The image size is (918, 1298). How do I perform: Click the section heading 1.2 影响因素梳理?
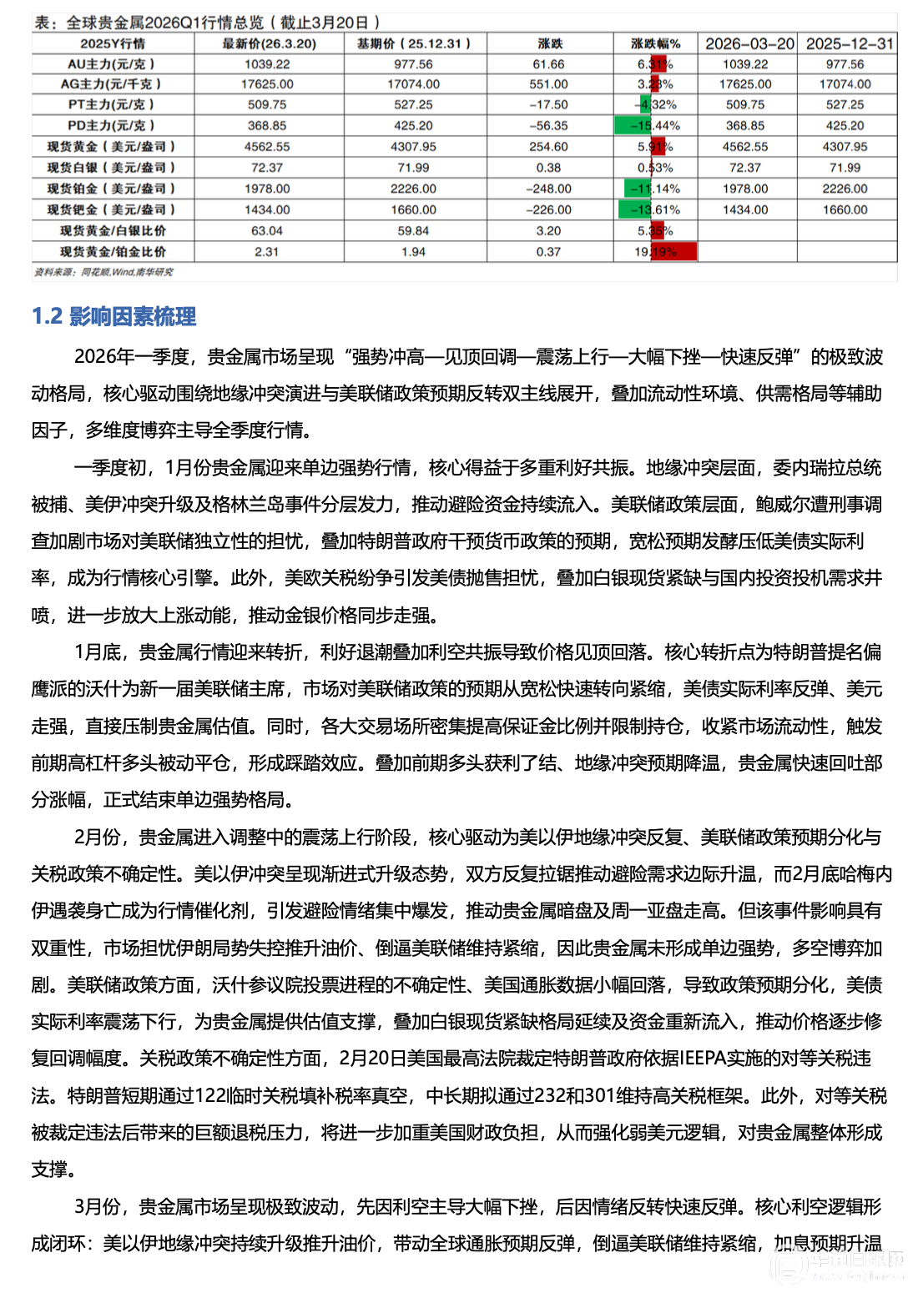[113, 316]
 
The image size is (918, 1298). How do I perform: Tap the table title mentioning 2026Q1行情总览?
[207, 23]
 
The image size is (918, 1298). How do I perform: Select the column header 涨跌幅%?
[655, 43]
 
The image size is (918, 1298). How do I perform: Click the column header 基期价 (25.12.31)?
[413, 43]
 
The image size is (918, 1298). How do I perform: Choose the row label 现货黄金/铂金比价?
[113, 252]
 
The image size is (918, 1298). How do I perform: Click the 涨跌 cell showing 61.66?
[548, 64]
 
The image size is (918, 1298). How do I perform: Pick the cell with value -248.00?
[548, 189]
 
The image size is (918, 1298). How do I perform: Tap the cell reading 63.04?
[267, 231]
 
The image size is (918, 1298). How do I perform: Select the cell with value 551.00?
[548, 84]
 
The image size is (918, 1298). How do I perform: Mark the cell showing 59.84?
[413, 231]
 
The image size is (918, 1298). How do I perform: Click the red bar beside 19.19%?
[674, 252]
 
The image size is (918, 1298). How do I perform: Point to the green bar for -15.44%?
[633, 126]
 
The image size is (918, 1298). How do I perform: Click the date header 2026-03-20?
[749, 43]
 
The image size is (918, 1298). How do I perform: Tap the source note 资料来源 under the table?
[103, 272]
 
